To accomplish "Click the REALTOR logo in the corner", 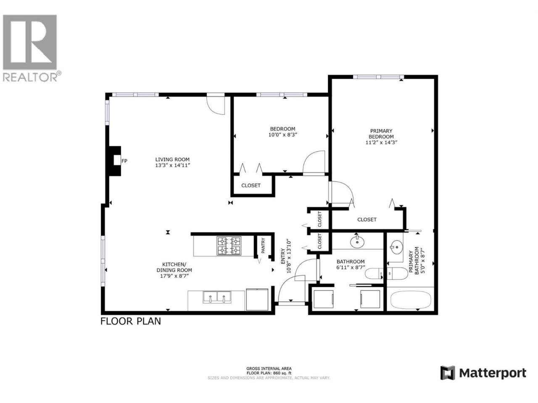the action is pyautogui.click(x=32, y=48).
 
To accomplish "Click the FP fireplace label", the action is pyautogui.click(x=124, y=161).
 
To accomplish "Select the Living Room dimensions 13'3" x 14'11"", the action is pyautogui.click(x=173, y=165).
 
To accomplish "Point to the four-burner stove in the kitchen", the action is pyautogui.click(x=228, y=246).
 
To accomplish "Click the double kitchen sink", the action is pyautogui.click(x=217, y=297).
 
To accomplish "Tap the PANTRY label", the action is pyautogui.click(x=263, y=246).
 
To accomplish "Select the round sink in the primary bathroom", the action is pyautogui.click(x=396, y=247).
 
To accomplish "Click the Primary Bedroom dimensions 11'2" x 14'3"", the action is pyautogui.click(x=381, y=142).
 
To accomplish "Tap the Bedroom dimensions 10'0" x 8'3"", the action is pyautogui.click(x=282, y=135).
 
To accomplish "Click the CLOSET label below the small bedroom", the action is pyautogui.click(x=251, y=186).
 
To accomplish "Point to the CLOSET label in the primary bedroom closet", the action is pyautogui.click(x=367, y=220).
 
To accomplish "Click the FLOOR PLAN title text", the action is pyautogui.click(x=130, y=321).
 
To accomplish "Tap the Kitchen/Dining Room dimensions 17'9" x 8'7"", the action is pyautogui.click(x=174, y=276).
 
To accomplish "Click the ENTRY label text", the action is pyautogui.click(x=283, y=256).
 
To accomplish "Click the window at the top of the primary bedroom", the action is pyautogui.click(x=378, y=77).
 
